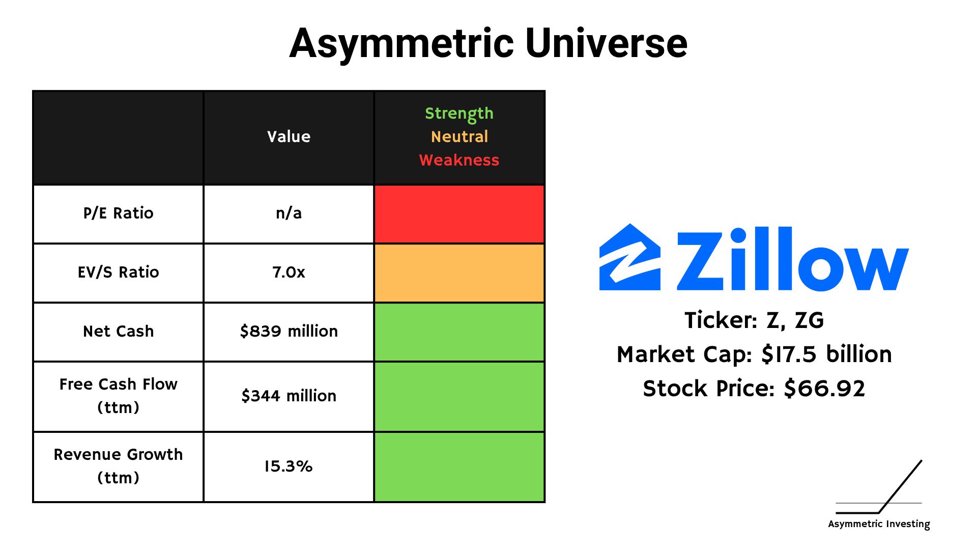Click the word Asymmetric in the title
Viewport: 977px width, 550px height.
tap(402, 45)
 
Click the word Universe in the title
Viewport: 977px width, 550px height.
tap(606, 43)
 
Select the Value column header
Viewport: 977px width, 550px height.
tap(289, 136)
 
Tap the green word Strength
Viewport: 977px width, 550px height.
tap(459, 114)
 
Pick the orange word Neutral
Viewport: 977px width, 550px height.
tap(459, 136)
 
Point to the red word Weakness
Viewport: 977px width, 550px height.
tap(459, 160)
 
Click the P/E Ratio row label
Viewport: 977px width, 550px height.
tap(118, 213)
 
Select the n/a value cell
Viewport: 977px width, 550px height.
tap(289, 213)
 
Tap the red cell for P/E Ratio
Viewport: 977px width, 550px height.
tap(459, 214)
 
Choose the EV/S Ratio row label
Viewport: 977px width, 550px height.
tap(118, 272)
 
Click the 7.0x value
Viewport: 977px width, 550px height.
tap(289, 272)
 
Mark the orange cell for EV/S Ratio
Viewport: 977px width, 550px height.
tap(459, 273)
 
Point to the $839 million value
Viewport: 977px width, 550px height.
tap(289, 331)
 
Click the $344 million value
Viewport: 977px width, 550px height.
tap(289, 396)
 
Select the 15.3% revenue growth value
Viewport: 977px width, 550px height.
tap(288, 466)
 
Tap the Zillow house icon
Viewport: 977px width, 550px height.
tap(630, 257)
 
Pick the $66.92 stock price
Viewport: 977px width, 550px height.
tap(824, 389)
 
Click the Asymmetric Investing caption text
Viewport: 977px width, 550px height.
tap(879, 524)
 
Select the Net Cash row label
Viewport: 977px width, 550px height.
tap(118, 331)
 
